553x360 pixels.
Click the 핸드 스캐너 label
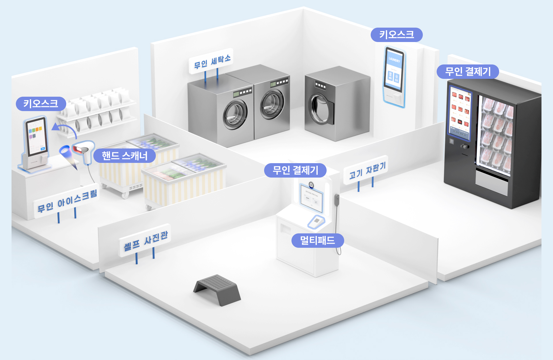[x=124, y=156]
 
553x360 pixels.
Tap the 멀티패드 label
[x=317, y=240]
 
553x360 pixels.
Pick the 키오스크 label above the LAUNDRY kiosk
[x=396, y=35]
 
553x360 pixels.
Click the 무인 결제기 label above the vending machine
[x=468, y=71]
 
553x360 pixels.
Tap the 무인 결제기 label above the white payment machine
[x=295, y=170]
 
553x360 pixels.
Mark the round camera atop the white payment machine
[x=311, y=184]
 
